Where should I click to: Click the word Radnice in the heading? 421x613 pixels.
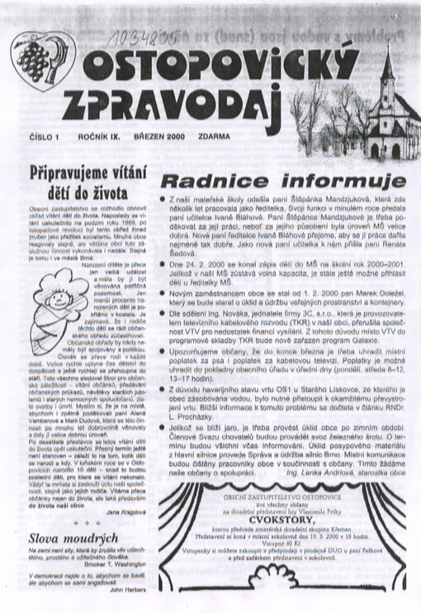click(219, 182)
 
